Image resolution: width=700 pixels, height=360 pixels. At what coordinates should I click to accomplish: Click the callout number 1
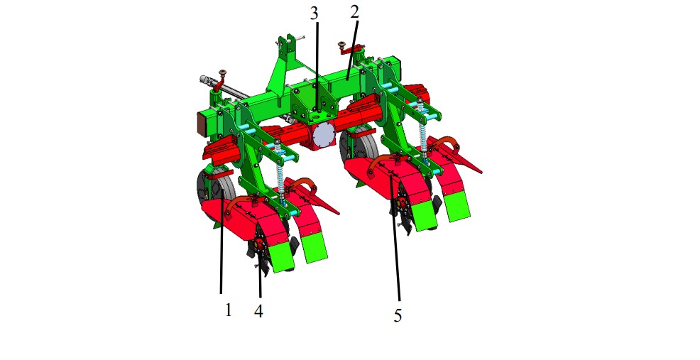click(x=228, y=310)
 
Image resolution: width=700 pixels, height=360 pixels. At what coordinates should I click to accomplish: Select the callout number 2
click(x=354, y=12)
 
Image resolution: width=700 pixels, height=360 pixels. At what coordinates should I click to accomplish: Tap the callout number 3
click(x=315, y=13)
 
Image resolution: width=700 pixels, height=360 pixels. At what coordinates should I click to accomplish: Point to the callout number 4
click(x=258, y=311)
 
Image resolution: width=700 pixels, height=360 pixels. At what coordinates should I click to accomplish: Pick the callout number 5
click(x=398, y=316)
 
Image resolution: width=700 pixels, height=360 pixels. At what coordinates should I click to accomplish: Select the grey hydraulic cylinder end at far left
click(x=206, y=81)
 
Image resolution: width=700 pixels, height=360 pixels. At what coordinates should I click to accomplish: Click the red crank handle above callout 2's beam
click(x=351, y=49)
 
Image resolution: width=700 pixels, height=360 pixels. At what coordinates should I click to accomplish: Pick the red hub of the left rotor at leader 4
click(x=260, y=245)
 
